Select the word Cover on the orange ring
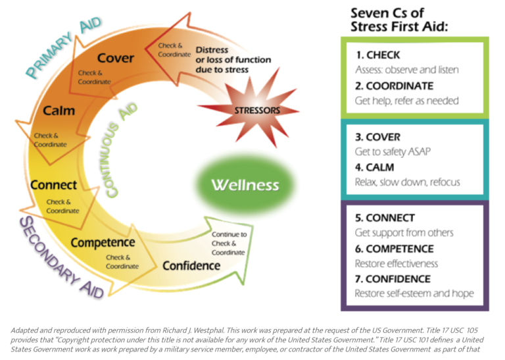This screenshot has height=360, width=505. tap(116, 58)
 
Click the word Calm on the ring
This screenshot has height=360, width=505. tap(59, 111)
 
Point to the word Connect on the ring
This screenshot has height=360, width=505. tap(53, 185)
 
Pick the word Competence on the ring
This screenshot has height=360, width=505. tap(103, 242)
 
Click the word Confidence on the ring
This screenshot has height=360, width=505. tap(191, 265)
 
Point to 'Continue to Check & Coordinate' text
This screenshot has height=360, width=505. tap(229, 244)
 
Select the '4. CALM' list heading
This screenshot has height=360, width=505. tap(376, 167)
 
